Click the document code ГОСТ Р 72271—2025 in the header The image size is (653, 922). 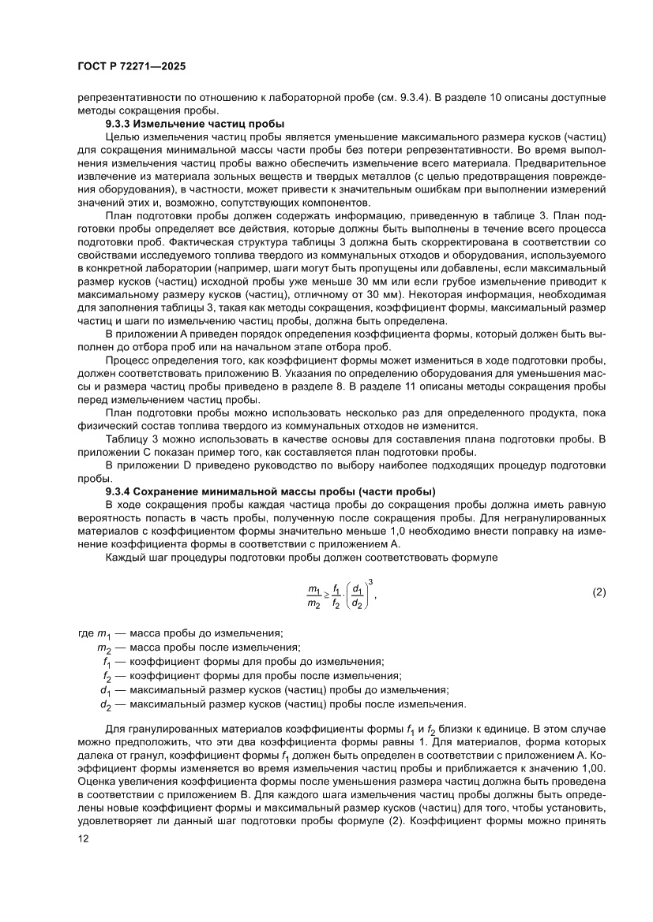(131, 68)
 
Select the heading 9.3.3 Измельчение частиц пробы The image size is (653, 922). (195, 124)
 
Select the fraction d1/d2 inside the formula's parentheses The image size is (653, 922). (358, 595)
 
